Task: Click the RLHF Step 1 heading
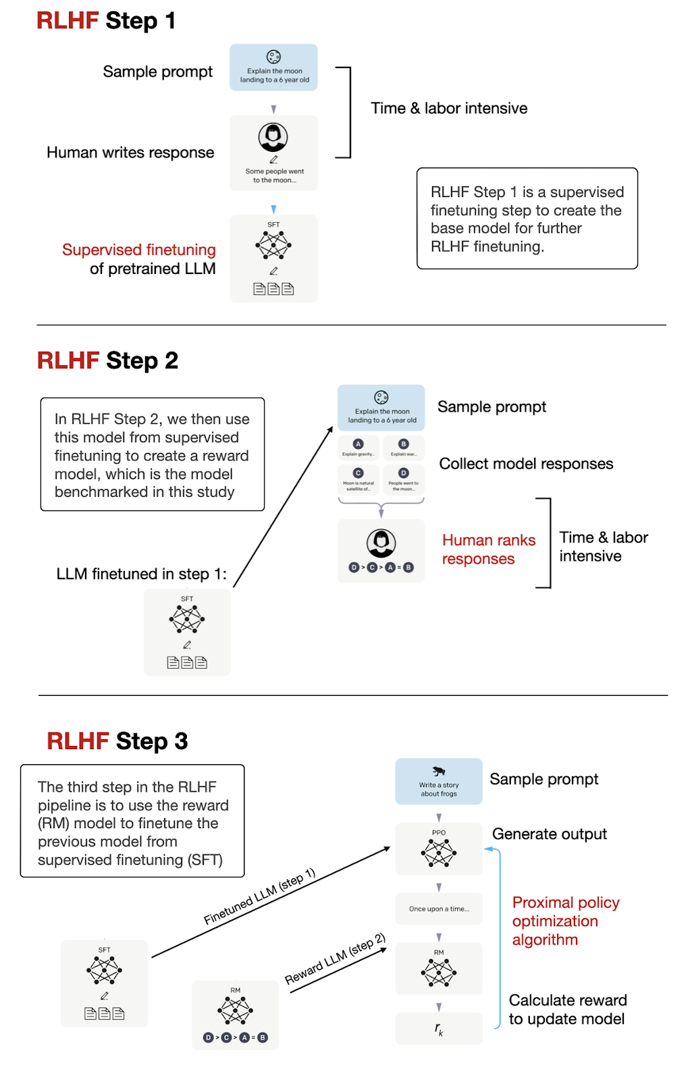(x=106, y=21)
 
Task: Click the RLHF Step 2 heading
(x=107, y=360)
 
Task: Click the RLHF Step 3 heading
(x=117, y=741)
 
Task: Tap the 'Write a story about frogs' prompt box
(x=439, y=782)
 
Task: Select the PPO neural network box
(x=439, y=849)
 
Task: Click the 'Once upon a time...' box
(x=439, y=909)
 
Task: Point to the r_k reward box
(x=439, y=1029)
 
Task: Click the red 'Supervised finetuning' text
(x=139, y=250)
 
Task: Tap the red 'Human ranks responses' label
(x=488, y=549)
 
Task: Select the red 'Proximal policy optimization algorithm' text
(x=565, y=921)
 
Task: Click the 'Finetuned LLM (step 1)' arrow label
(x=260, y=896)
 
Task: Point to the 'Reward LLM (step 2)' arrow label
(x=335, y=959)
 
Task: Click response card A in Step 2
(x=358, y=448)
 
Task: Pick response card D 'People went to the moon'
(x=404, y=479)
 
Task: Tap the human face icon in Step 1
(x=273, y=137)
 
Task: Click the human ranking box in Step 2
(x=381, y=551)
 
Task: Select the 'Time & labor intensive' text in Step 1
(x=449, y=109)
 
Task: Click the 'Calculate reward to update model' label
(x=567, y=1010)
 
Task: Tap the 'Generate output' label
(x=550, y=834)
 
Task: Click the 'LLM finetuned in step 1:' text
(x=142, y=574)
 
